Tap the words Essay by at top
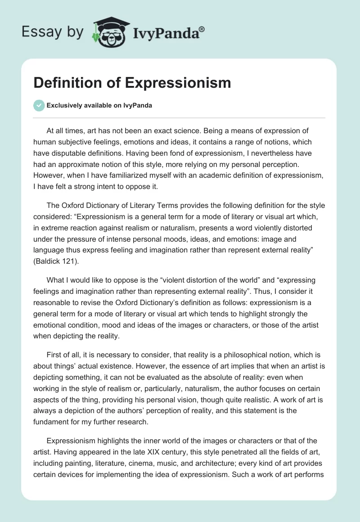click(x=53, y=32)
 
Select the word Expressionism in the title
click(x=178, y=83)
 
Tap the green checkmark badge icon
click(x=39, y=105)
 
